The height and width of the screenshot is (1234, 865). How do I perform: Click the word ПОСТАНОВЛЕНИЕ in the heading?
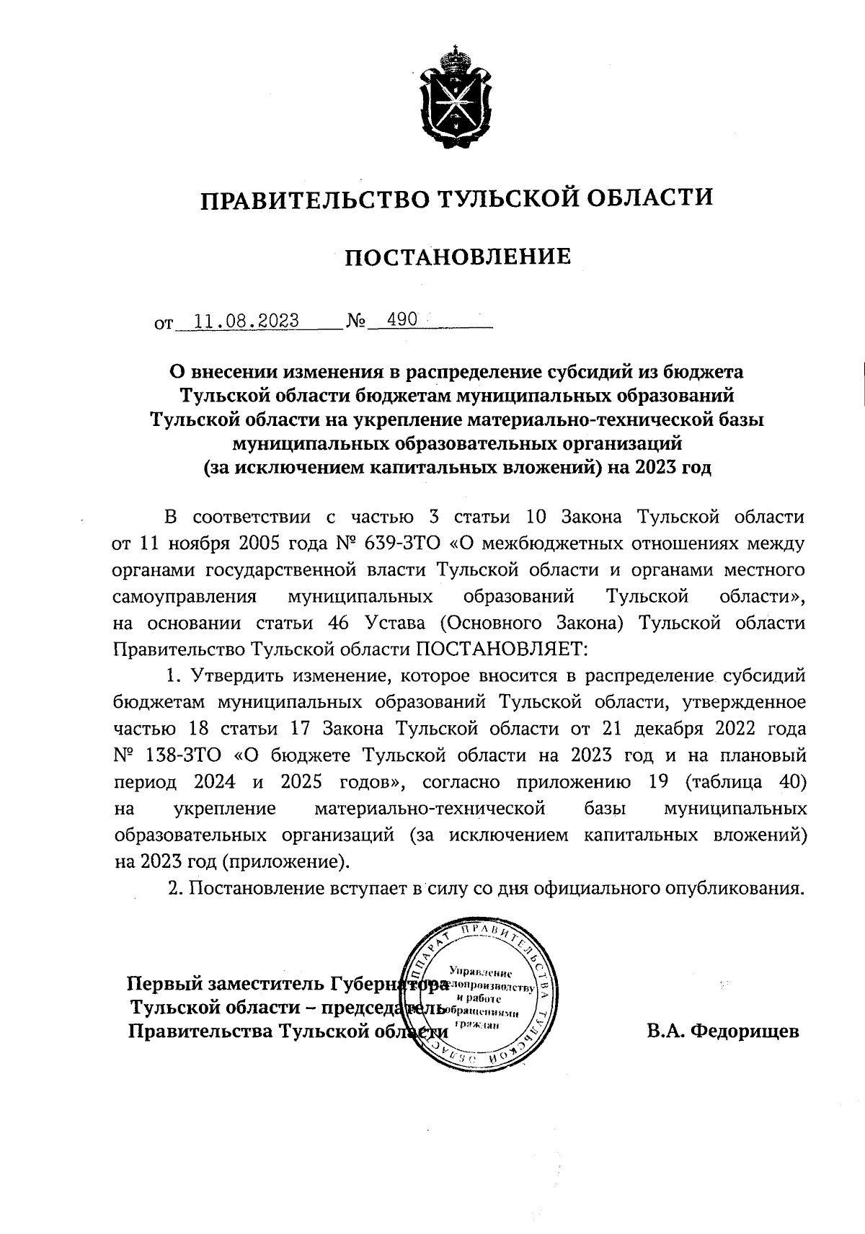tap(456, 257)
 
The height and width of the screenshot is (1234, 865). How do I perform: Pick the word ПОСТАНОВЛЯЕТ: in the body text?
tap(501, 649)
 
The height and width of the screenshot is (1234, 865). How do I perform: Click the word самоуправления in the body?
tap(186, 597)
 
